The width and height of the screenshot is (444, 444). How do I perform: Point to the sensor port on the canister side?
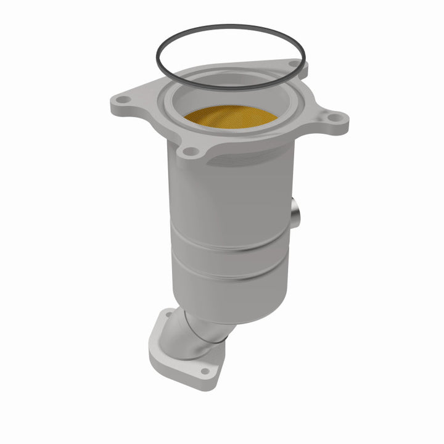(x=295, y=213)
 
